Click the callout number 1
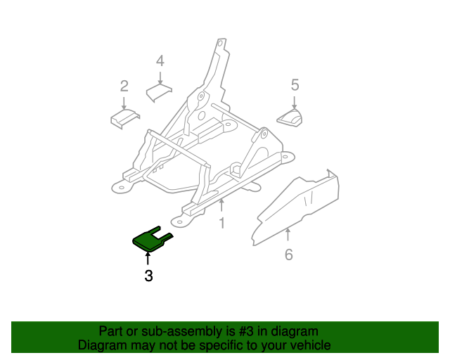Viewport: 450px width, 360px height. (x=221, y=224)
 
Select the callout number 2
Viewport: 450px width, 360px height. (x=124, y=86)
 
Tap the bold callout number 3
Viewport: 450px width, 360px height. (x=148, y=276)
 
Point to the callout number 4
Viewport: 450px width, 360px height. (x=160, y=60)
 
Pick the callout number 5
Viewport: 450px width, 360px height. (x=295, y=85)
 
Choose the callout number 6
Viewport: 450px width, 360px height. (x=288, y=255)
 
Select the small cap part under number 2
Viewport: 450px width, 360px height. (x=124, y=119)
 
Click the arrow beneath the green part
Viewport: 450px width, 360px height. (x=148, y=259)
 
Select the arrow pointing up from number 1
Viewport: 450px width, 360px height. (x=221, y=206)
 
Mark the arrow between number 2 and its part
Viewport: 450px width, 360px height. (x=124, y=102)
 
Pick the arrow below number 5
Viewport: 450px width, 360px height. (x=295, y=101)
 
